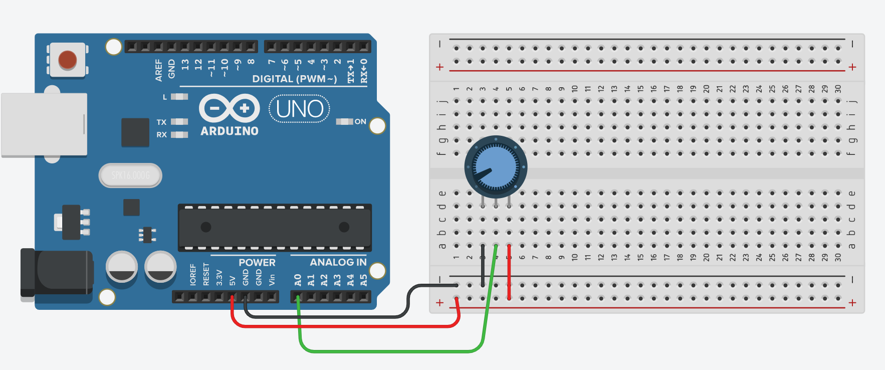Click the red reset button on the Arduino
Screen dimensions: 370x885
pyautogui.click(x=68, y=60)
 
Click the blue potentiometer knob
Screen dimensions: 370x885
pyautogui.click(x=496, y=167)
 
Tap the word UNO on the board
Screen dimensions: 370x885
pyautogui.click(x=300, y=109)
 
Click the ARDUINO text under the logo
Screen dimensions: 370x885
pyautogui.click(x=230, y=131)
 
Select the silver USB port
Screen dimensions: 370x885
pyautogui.click(x=44, y=124)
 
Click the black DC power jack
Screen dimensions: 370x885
pyautogui.click(x=56, y=273)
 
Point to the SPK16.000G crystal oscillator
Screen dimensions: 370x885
pyautogui.click(x=130, y=175)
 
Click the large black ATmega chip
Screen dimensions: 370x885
pyautogui.click(x=275, y=227)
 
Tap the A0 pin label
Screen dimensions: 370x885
pyautogui.click(x=298, y=279)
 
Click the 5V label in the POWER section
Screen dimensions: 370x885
pyautogui.click(x=233, y=280)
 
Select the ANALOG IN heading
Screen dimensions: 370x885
pyautogui.click(x=338, y=262)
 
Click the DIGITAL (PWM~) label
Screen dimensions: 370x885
pyautogui.click(x=294, y=79)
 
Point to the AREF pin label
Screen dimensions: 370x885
pyautogui.click(x=159, y=70)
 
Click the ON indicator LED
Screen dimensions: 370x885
pyautogui.click(x=344, y=121)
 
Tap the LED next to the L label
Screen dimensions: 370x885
pyautogui.click(x=179, y=97)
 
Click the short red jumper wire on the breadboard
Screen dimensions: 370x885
pyautogui.click(x=509, y=273)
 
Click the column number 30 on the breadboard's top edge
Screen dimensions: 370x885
pyautogui.click(x=838, y=89)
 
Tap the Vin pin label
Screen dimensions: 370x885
pyautogui.click(x=272, y=279)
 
